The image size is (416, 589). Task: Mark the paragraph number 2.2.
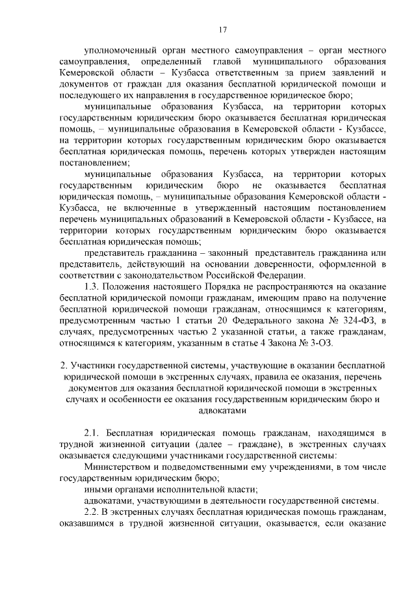93,512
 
